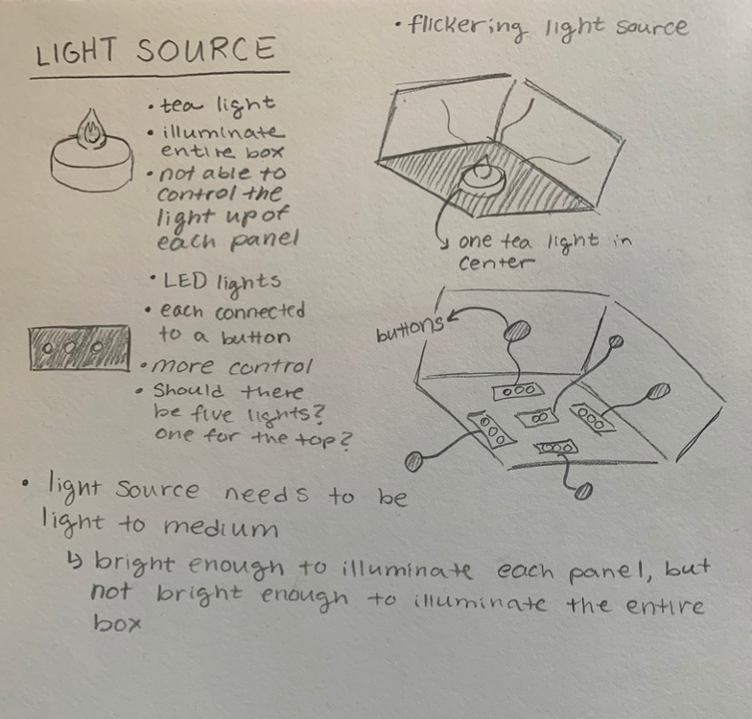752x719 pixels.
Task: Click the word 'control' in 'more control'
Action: (x=250, y=367)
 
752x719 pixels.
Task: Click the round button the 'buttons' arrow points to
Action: (x=517, y=332)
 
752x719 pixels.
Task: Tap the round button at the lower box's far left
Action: (x=413, y=462)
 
